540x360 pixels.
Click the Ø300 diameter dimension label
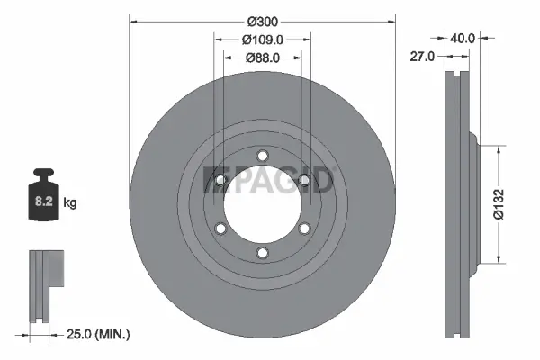pyautogui.click(x=262, y=20)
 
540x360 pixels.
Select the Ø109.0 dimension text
pyautogui.click(x=263, y=39)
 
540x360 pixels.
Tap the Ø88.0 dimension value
pyautogui.click(x=263, y=58)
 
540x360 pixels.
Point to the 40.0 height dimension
pyautogui.click(x=463, y=39)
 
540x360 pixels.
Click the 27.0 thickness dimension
pyautogui.click(x=422, y=56)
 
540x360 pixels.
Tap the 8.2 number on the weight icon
pyautogui.click(x=42, y=203)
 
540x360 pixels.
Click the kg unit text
pyautogui.click(x=70, y=203)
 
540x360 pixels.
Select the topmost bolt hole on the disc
pyautogui.click(x=263, y=153)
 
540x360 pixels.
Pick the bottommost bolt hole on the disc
pyautogui.click(x=263, y=254)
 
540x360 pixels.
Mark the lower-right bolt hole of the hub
pyautogui.click(x=306, y=228)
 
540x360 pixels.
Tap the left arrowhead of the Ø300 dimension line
pyautogui.click(x=134, y=20)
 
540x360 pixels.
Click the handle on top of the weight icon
pyautogui.click(x=42, y=174)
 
